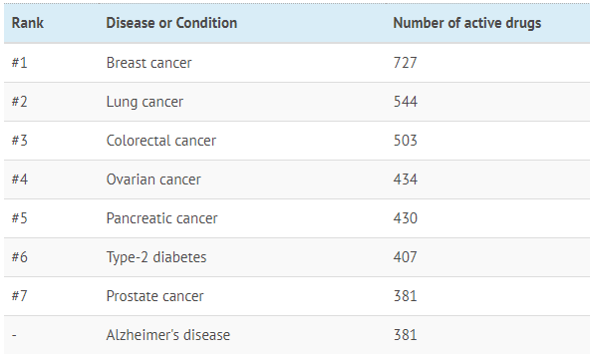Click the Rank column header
pos(28,23)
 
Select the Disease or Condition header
pos(171,23)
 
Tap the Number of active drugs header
pos(467,23)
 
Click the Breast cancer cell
pos(149,63)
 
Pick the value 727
pos(406,63)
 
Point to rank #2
pos(20,102)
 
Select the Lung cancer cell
pos(145,102)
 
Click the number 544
pos(406,102)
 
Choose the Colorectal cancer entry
pos(161,141)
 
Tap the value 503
pos(406,141)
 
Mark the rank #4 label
pos(20,180)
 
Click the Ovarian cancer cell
pos(153,180)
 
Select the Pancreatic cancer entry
pos(161,218)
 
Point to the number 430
pos(406,218)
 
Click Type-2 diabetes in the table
pos(156,257)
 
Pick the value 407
pos(406,257)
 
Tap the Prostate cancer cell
pos(155,296)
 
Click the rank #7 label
pos(20,296)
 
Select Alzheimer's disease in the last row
pos(168,335)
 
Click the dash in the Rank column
pos(14,335)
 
